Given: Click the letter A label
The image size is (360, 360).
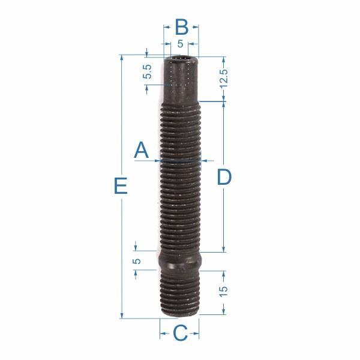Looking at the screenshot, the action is (x=142, y=150).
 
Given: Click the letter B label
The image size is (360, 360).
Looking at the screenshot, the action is (x=182, y=27).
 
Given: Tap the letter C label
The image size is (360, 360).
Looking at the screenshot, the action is (x=180, y=333).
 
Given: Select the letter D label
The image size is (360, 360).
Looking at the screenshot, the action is (x=224, y=177).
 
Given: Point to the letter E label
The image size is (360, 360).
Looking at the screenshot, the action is (x=121, y=186).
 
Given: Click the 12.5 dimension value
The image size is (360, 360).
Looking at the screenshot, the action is (x=224, y=78).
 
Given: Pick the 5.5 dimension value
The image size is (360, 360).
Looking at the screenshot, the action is (x=148, y=71).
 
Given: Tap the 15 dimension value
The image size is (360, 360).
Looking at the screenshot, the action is (x=223, y=291).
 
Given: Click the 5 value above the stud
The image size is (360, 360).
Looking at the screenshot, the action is (x=180, y=44).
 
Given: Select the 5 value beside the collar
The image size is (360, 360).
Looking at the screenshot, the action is (x=137, y=261).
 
